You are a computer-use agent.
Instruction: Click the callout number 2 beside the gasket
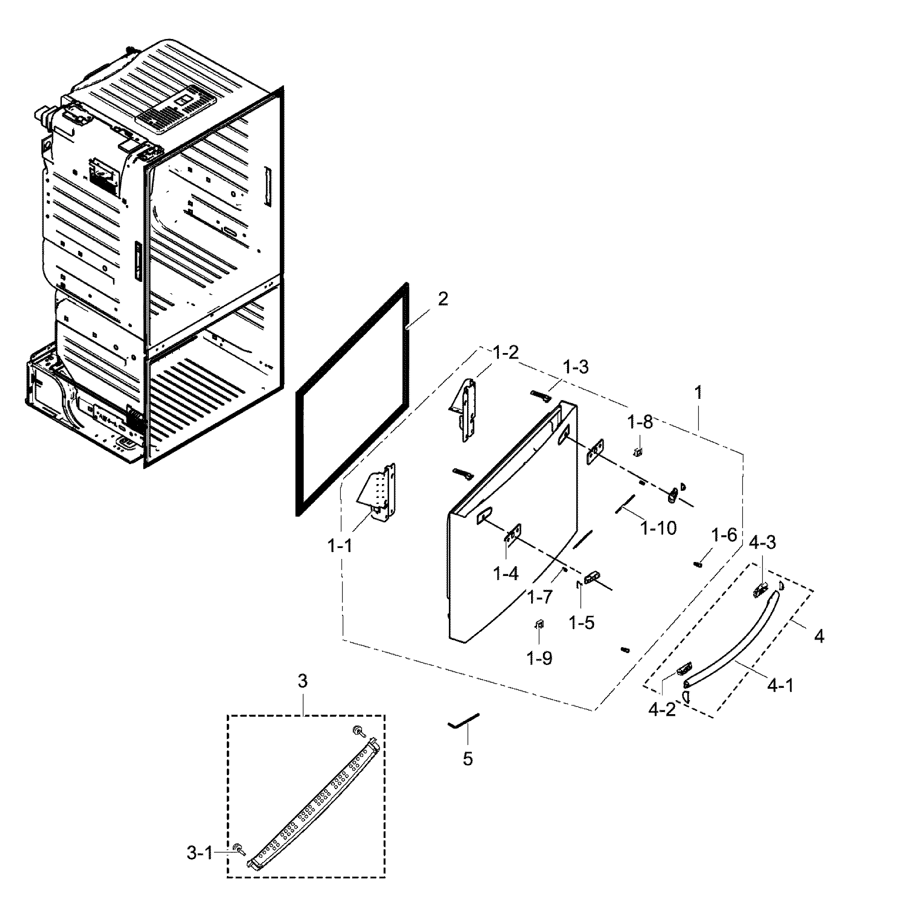[443, 299]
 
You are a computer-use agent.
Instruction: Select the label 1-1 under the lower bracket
[340, 546]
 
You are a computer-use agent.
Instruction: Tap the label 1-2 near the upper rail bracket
[506, 353]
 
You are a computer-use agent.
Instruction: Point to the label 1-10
[659, 527]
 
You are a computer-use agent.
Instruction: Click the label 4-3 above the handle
[762, 542]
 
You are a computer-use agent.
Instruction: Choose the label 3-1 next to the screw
[200, 854]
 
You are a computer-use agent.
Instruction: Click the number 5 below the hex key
[468, 759]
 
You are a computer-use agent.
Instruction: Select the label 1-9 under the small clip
[540, 658]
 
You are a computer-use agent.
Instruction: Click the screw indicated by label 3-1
[239, 849]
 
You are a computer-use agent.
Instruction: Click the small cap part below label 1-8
[638, 451]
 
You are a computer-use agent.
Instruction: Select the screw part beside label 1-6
[698, 564]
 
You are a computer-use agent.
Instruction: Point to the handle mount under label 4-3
[760, 590]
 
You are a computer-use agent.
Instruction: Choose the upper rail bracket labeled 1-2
[467, 410]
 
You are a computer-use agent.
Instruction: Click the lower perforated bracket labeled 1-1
[381, 492]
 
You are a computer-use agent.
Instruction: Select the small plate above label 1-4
[513, 535]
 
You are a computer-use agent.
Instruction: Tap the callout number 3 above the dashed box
[303, 681]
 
